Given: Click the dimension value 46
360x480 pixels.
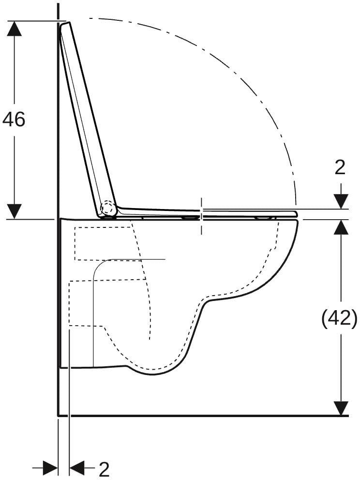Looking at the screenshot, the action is click(14, 119).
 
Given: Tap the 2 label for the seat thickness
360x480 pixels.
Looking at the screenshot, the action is click(340, 167).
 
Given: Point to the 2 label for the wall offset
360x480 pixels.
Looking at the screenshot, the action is click(104, 469).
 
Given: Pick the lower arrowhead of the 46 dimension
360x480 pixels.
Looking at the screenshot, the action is click(14, 211).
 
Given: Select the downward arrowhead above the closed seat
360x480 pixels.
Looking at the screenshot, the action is click(341, 201).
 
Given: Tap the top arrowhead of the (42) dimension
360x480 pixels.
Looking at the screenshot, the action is click(341, 227).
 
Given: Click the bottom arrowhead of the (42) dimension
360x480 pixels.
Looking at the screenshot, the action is click(341, 408).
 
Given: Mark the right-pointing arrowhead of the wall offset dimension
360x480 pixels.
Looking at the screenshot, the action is click(50, 468).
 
